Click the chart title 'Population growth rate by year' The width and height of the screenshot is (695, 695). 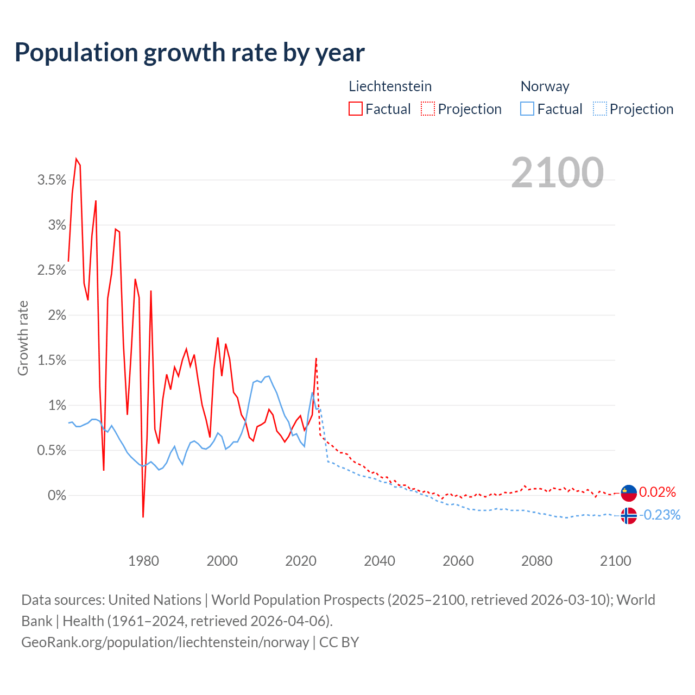[189, 53]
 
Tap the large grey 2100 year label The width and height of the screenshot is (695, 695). [557, 173]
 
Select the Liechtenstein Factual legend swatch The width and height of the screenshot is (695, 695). [356, 109]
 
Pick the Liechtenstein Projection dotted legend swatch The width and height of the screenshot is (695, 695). [428, 109]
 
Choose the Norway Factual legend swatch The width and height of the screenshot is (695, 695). [527, 109]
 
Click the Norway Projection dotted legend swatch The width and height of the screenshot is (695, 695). [600, 109]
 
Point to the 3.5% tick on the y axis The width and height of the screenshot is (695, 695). [52, 180]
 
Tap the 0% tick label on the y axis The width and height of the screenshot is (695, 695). [56, 496]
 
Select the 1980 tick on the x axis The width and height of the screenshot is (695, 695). [143, 561]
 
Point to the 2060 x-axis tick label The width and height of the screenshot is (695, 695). [458, 561]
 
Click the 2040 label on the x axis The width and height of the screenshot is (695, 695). [379, 561]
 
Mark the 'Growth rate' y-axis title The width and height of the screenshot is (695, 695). [23, 338]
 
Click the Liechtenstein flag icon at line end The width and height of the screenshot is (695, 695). [629, 492]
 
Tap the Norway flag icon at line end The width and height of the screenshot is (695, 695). [629, 515]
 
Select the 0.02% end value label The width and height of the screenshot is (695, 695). [657, 492]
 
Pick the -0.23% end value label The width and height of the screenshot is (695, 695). [660, 515]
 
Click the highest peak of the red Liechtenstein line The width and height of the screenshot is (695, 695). [76, 159]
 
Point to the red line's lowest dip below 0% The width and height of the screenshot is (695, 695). [143, 516]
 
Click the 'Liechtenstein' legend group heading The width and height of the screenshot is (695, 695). [390, 86]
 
